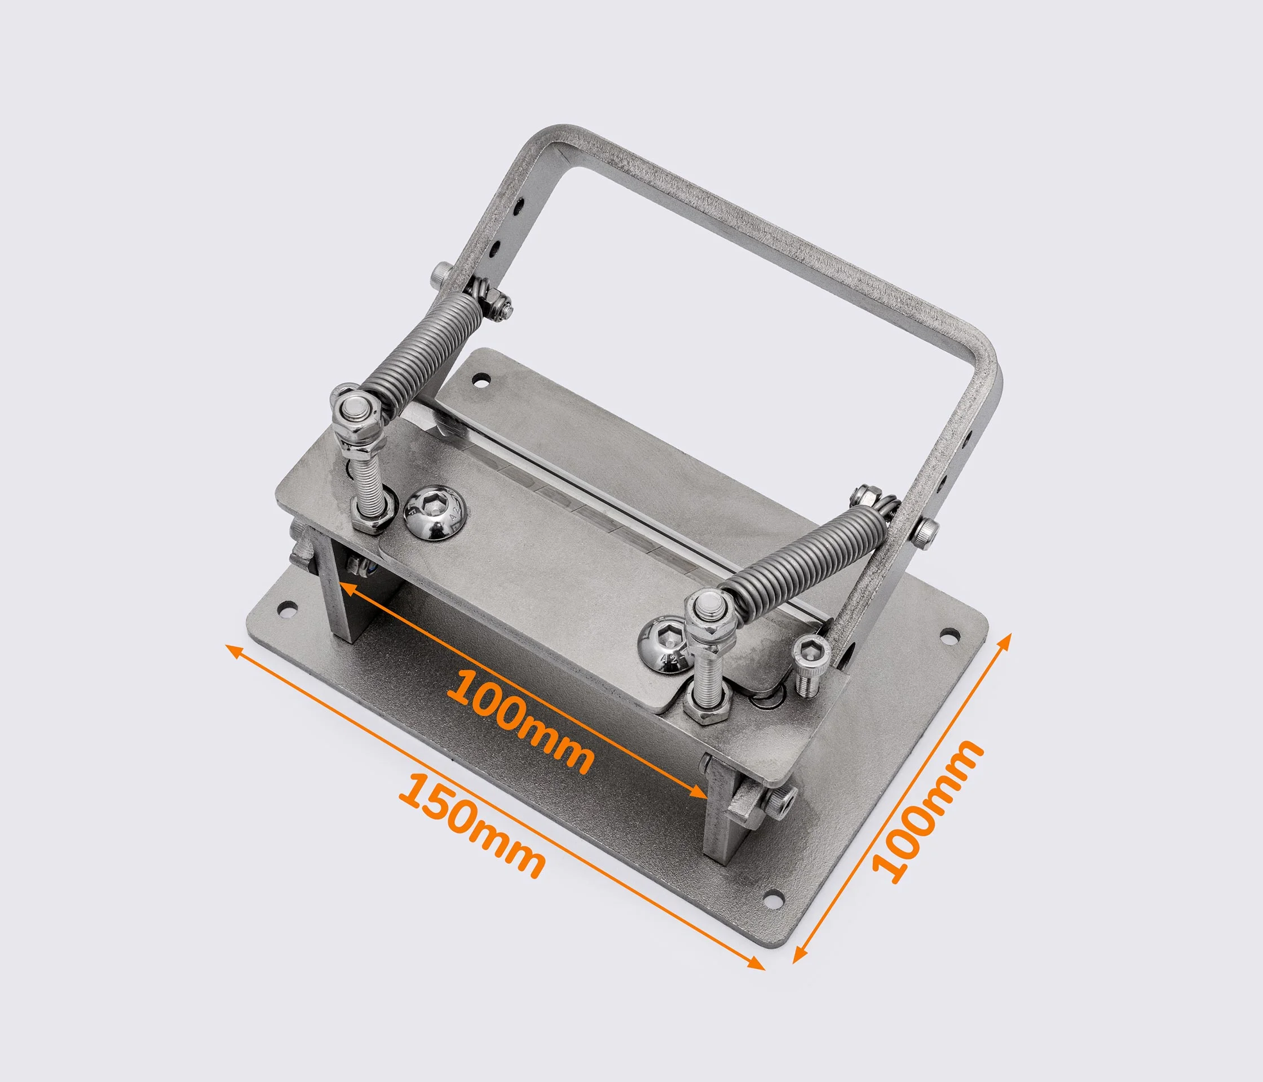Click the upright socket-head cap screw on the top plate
[x=811, y=664]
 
